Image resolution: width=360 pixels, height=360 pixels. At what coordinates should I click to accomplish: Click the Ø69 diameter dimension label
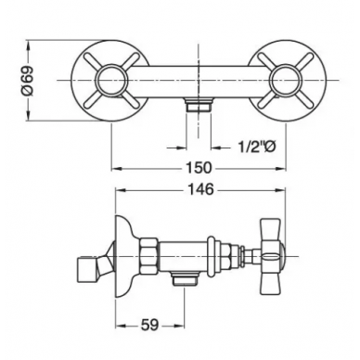[28, 81]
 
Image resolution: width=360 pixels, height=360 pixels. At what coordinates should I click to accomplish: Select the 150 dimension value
[199, 168]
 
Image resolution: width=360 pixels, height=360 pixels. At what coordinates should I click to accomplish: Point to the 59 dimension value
[150, 326]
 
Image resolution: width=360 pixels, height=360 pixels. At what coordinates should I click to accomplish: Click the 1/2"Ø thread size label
[256, 148]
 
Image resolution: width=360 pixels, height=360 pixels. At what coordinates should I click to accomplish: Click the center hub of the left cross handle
[111, 80]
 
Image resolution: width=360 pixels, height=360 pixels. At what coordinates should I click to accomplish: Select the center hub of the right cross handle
[285, 80]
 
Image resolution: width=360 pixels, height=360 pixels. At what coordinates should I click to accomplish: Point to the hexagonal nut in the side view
[149, 256]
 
